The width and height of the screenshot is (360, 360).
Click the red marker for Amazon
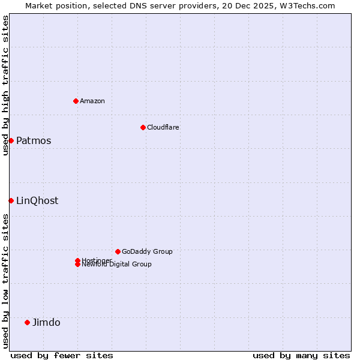pyautogui.click(x=76, y=101)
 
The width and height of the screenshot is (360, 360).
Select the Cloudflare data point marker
pyautogui.click(x=143, y=127)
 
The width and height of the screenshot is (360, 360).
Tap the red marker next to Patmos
pyautogui.click(x=11, y=140)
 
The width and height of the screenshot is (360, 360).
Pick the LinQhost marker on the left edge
pyautogui.click(x=11, y=200)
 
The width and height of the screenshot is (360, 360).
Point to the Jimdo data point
pyautogui.click(x=27, y=322)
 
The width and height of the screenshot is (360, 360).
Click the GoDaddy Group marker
pyautogui.click(x=118, y=251)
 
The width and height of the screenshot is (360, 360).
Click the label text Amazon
pyautogui.click(x=92, y=101)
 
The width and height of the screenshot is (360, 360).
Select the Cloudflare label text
pyautogui.click(x=163, y=127)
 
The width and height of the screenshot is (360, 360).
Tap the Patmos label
pyautogui.click(x=34, y=140)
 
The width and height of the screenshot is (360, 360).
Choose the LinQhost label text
pyautogui.click(x=37, y=200)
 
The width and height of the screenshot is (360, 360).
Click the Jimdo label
pyautogui.click(x=46, y=322)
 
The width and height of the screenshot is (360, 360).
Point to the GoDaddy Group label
pyautogui.click(x=147, y=251)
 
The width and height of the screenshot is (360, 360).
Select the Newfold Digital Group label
pyautogui.click(x=117, y=265)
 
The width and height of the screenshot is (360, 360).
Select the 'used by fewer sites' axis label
pyautogui.click(x=62, y=355)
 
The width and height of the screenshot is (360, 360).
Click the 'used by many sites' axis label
pyautogui.click(x=301, y=355)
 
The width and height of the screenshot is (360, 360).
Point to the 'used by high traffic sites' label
pyautogui.click(x=5, y=85)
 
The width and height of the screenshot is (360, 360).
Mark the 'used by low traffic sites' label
pyautogui.click(x=5, y=281)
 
